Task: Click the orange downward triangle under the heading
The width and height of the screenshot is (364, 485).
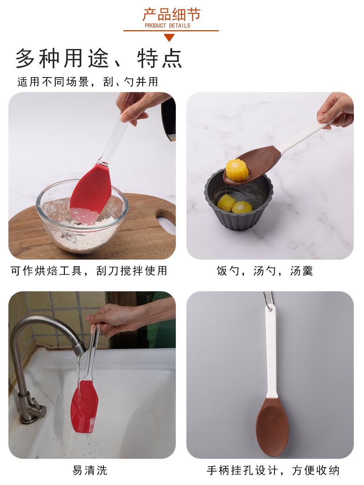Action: (x=170, y=37)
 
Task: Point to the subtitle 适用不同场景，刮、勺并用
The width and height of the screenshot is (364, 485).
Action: (x=88, y=82)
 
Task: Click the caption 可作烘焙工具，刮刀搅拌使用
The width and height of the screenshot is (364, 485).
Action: (x=89, y=271)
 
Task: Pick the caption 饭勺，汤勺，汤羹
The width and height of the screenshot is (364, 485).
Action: (x=265, y=271)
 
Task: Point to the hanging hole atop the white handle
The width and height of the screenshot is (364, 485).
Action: (x=270, y=309)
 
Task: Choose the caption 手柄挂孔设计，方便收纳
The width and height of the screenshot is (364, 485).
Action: (x=273, y=470)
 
